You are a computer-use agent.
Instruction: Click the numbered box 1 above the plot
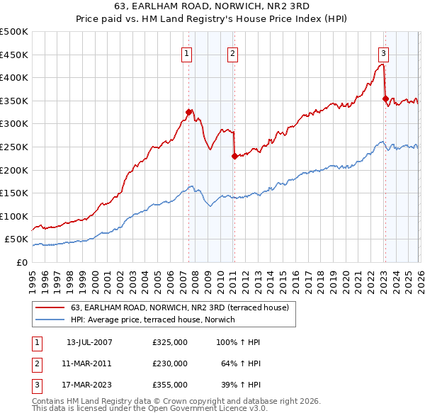tap(186, 52)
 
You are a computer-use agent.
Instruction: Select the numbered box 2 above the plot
tap(232, 52)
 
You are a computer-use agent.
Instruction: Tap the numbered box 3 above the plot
tap(383, 52)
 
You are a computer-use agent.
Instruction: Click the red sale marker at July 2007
tap(188, 112)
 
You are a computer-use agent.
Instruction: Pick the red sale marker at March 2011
tap(234, 156)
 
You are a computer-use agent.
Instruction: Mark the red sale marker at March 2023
tap(385, 98)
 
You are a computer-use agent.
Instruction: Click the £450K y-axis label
tap(14, 55)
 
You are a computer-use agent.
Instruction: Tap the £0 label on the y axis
tap(21, 262)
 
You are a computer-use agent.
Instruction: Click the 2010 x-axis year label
tap(220, 276)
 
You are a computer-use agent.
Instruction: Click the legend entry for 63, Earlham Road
tap(179, 307)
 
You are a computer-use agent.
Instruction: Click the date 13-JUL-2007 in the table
tap(89, 342)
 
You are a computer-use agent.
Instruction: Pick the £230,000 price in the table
tap(170, 363)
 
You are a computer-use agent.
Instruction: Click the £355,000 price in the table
tap(170, 385)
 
